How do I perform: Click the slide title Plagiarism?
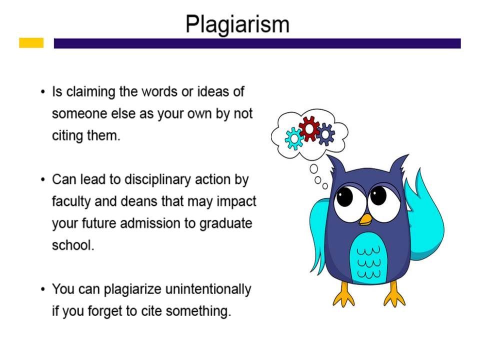click(x=237, y=24)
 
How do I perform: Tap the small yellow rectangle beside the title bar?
click(x=31, y=43)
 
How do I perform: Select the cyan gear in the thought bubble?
click(x=294, y=139)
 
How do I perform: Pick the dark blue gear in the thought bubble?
click(x=325, y=134)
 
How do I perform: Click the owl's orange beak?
click(x=365, y=219)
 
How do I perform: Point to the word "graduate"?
click(x=225, y=224)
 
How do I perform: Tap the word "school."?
click(x=73, y=245)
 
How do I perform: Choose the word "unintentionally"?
click(x=208, y=289)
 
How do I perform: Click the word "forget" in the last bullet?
click(x=105, y=311)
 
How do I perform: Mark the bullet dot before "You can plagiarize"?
click(x=43, y=289)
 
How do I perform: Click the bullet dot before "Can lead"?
click(x=43, y=179)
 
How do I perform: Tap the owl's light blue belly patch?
click(x=368, y=257)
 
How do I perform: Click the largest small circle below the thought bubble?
click(x=313, y=168)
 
